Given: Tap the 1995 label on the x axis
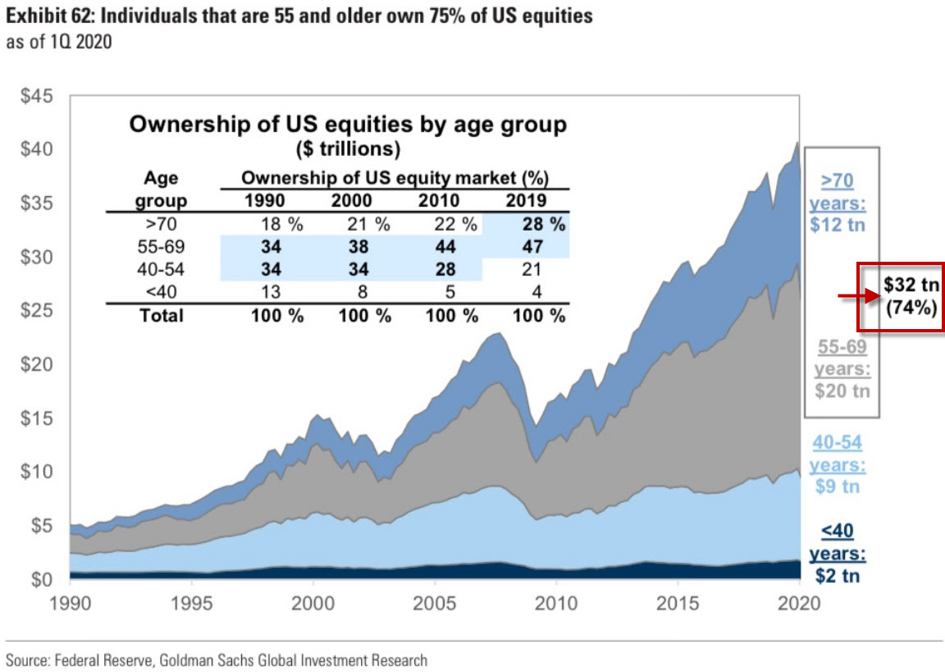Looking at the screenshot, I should pyautogui.click(x=191, y=603).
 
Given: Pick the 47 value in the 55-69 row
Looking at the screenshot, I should pyautogui.click(x=534, y=246).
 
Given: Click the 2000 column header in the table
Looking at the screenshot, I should pyautogui.click(x=351, y=199).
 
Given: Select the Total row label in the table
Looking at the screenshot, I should pyautogui.click(x=162, y=315).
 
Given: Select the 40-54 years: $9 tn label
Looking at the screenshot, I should pyautogui.click(x=838, y=464).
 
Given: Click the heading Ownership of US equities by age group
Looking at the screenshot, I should pyautogui.click(x=348, y=126).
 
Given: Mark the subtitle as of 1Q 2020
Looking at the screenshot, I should pyautogui.click(x=59, y=41).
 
